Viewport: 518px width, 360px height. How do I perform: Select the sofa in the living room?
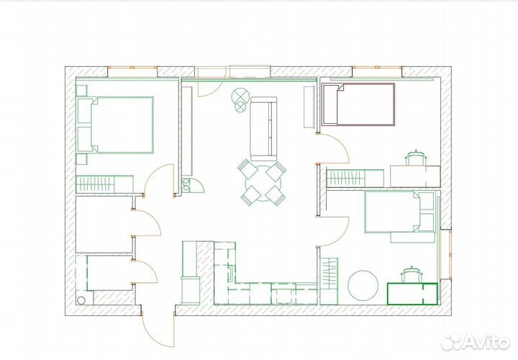[x=263, y=128]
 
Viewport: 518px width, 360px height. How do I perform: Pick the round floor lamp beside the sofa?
[x=240, y=96]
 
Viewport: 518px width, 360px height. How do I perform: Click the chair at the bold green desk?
[x=411, y=274]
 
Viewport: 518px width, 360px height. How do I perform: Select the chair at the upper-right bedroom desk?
[x=416, y=158]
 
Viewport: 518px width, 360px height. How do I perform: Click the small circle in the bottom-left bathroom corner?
[x=81, y=300]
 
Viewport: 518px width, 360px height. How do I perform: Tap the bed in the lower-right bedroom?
[x=399, y=213]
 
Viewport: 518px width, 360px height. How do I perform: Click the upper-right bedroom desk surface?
[x=415, y=176]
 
